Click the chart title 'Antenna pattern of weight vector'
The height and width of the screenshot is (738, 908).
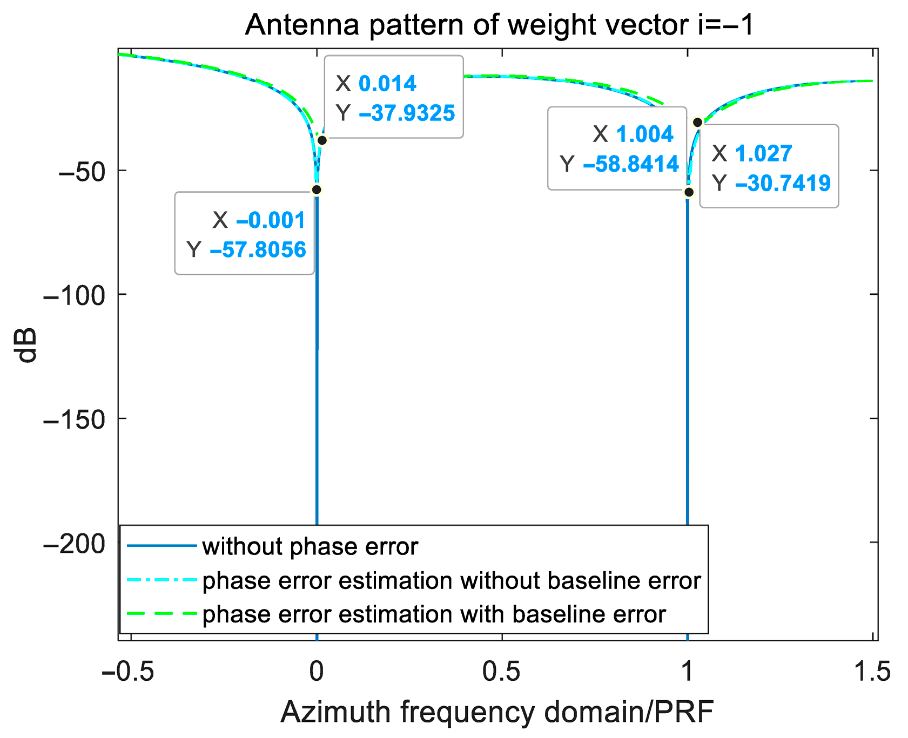[499, 25]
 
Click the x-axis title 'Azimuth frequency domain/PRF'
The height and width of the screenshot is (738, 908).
[497, 712]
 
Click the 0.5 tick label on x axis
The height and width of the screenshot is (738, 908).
[502, 672]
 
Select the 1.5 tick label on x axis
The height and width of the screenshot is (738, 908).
[872, 672]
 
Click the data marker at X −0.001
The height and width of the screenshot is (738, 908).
[317, 189]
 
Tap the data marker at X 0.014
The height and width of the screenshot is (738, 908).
[322, 140]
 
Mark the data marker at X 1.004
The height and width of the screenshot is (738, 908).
[689, 192]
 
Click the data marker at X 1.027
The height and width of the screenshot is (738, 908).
[697, 123]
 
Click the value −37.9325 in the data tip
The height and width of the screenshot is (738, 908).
[407, 113]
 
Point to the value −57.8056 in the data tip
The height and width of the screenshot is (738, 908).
[258, 249]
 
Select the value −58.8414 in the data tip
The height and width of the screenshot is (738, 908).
[630, 164]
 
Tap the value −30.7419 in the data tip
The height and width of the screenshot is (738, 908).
[783, 183]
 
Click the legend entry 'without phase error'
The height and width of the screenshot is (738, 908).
[310, 546]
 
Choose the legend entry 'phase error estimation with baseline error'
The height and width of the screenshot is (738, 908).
[434, 614]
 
